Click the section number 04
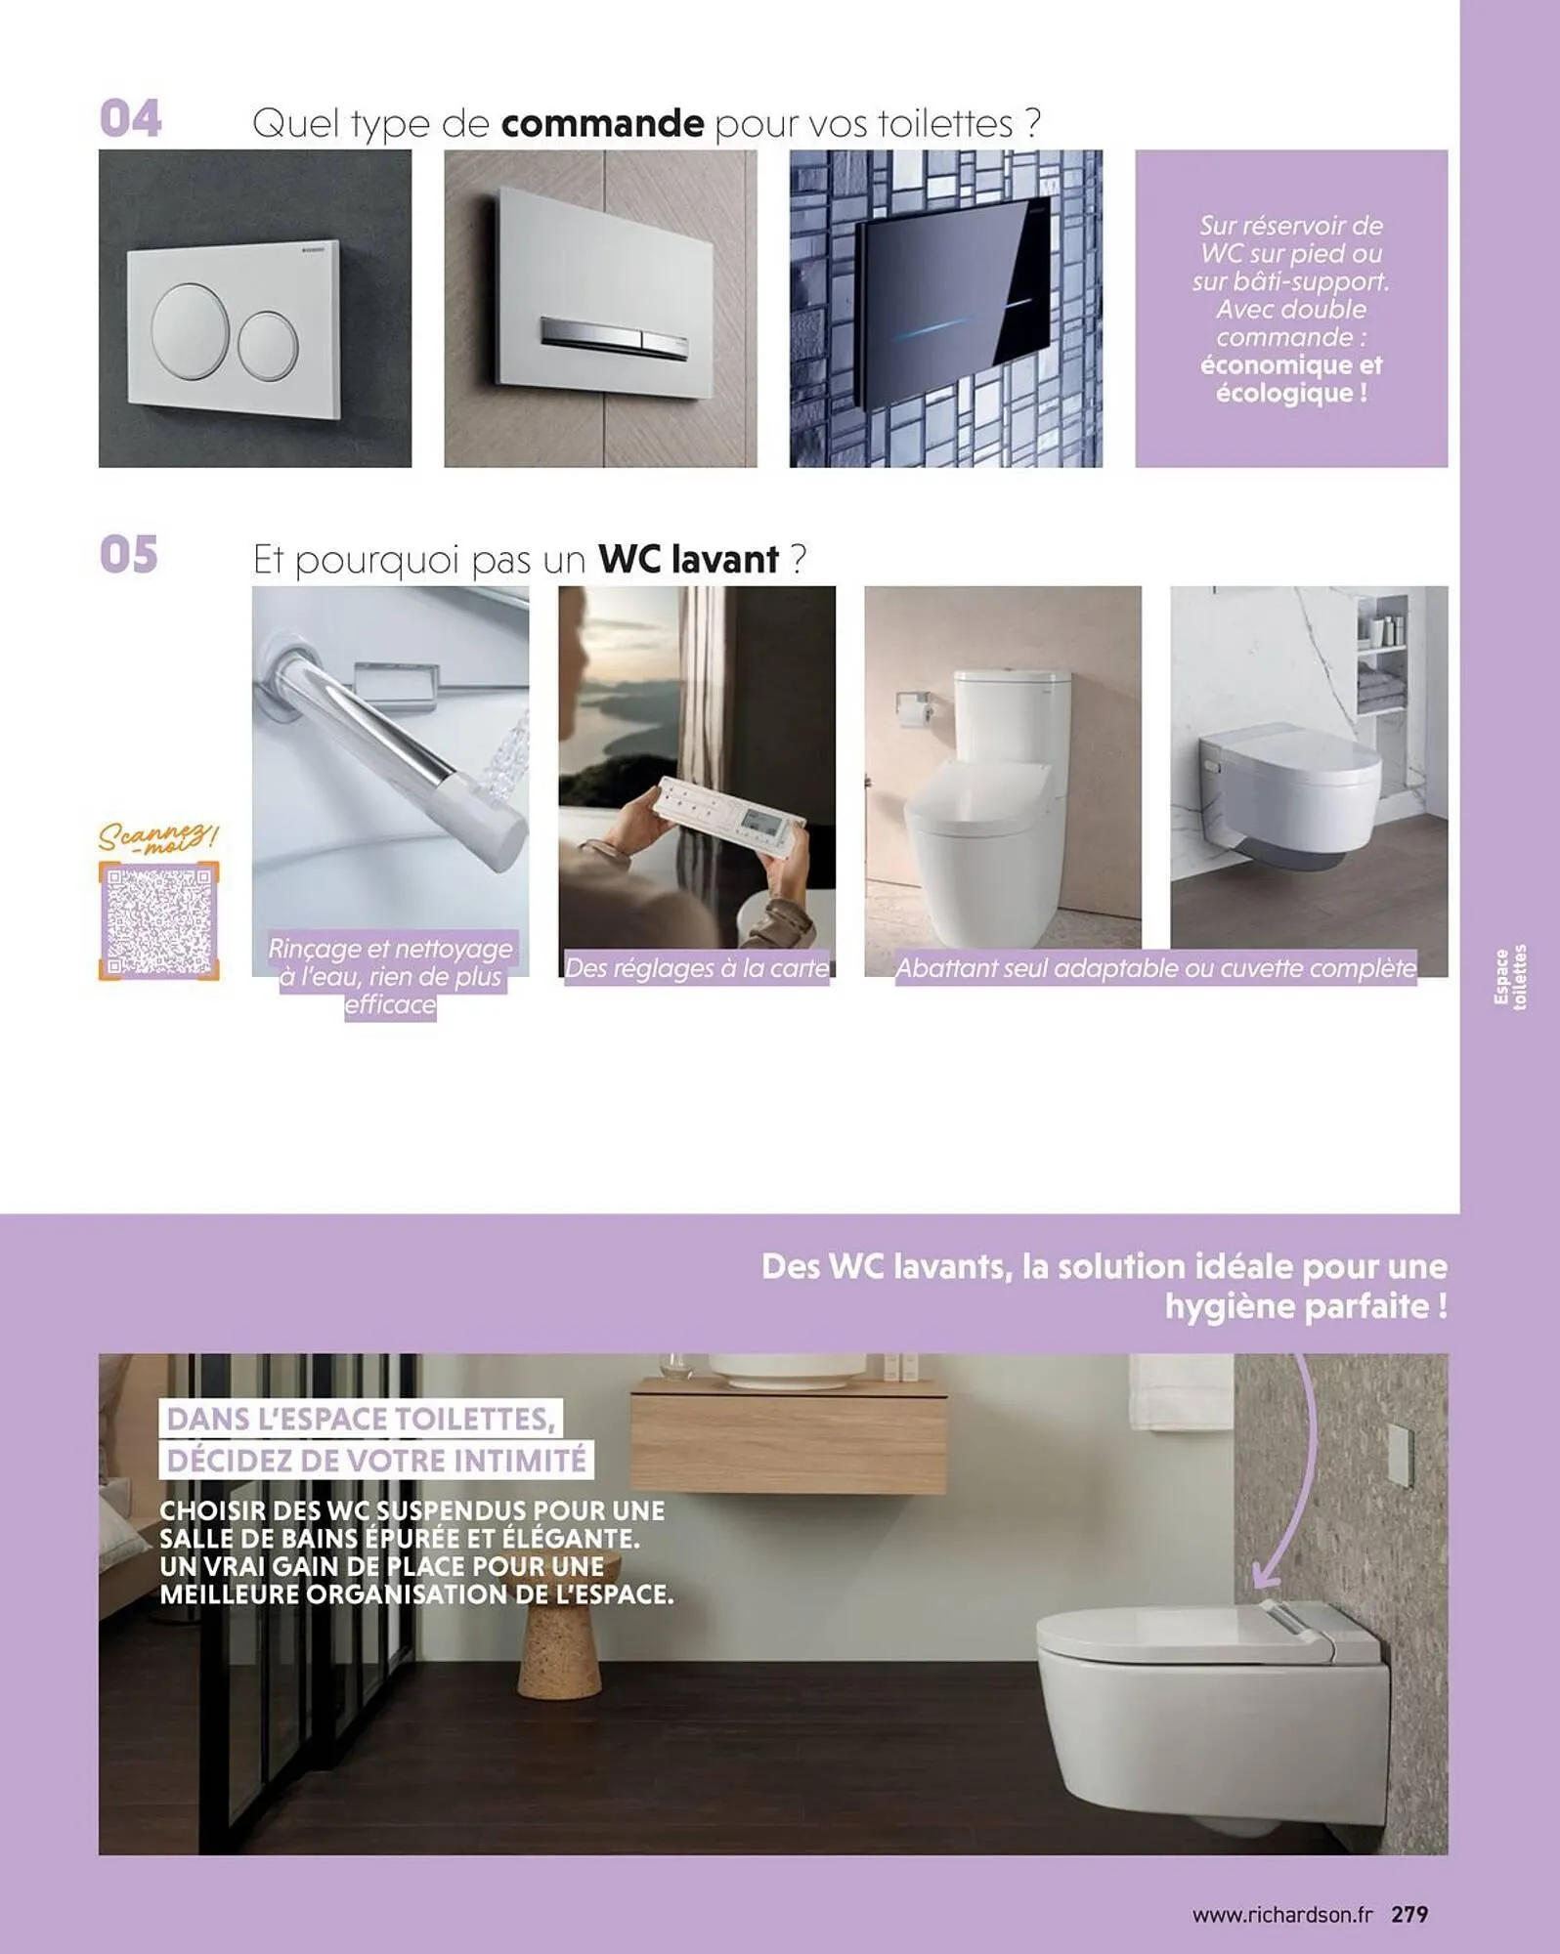pos(130,119)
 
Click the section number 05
pos(129,555)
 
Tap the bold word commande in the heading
pos(602,124)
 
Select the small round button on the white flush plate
pos(267,346)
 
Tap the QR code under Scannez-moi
pos(158,920)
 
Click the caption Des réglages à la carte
pos(697,968)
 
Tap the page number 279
pos(1409,1913)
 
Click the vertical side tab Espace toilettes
pos(1510,976)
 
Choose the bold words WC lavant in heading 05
pos(688,560)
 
